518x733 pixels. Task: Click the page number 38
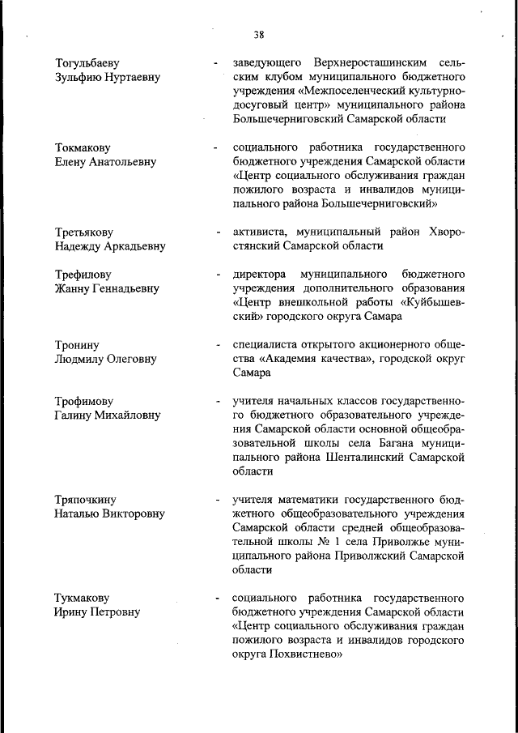point(259,35)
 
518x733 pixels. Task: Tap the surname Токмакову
point(83,148)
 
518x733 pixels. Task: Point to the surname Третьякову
point(84,232)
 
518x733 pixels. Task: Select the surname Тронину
point(78,345)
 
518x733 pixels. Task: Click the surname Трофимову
point(84,401)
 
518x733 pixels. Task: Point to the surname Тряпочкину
point(87,500)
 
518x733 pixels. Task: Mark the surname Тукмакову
point(83,598)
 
